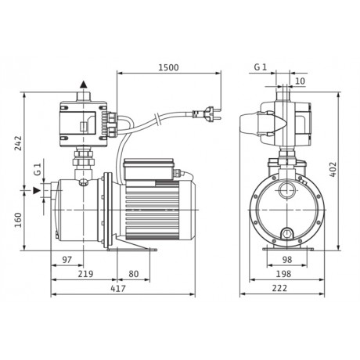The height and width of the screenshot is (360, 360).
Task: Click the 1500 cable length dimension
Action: pyautogui.click(x=169, y=67)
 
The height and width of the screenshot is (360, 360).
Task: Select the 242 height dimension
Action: pyautogui.click(x=18, y=143)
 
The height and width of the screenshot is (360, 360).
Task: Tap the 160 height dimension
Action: pyautogui.click(x=18, y=220)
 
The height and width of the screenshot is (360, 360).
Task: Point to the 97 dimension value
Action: pyautogui.click(x=67, y=260)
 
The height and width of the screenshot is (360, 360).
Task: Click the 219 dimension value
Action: pyautogui.click(x=85, y=274)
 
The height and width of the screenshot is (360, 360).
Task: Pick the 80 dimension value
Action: pyautogui.click(x=134, y=274)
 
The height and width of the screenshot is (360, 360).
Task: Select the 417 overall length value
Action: pyautogui.click(x=118, y=289)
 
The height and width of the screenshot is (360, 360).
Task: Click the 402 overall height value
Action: pyautogui.click(x=333, y=170)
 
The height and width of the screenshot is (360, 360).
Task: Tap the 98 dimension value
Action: pyautogui.click(x=287, y=260)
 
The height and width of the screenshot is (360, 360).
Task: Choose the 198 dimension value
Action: pyautogui.click(x=283, y=274)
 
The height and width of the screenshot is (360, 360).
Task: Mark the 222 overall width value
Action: pyautogui.click(x=279, y=288)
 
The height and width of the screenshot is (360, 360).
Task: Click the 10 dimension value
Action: pyautogui.click(x=300, y=81)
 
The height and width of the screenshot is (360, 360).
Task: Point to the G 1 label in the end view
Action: pyautogui.click(x=261, y=67)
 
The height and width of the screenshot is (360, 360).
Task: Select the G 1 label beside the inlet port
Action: pyautogui.click(x=38, y=169)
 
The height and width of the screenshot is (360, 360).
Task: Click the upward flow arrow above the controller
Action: pyautogui.click(x=83, y=84)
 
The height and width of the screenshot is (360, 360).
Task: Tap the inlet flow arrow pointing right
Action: pyautogui.click(x=37, y=191)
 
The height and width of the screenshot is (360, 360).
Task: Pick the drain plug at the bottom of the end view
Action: pyautogui.click(x=286, y=232)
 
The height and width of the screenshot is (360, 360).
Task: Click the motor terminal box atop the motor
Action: pyautogui.click(x=148, y=170)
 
